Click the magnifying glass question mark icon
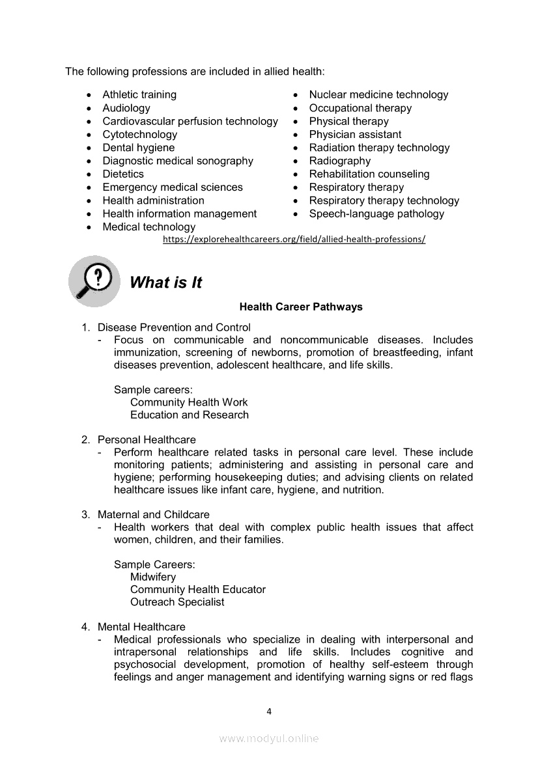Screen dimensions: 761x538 [x=94, y=281]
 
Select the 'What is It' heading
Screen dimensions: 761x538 [x=165, y=283]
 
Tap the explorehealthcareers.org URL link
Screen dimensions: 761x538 [x=294, y=240]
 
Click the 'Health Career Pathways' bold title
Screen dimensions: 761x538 [x=301, y=307]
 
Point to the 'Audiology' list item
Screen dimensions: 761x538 [x=126, y=108]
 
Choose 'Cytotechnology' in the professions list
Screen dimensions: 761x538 [x=139, y=135]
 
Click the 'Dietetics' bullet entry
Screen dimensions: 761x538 [x=123, y=174]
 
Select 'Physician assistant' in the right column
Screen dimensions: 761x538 [x=355, y=135]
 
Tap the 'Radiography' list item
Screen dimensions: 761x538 [x=339, y=161]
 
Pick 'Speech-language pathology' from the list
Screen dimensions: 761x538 [x=376, y=214]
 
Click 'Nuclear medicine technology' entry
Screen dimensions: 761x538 [x=378, y=95]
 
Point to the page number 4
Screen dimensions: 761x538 [x=269, y=712]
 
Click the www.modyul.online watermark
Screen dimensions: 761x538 [x=269, y=738]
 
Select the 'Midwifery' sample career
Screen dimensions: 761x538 [x=153, y=577]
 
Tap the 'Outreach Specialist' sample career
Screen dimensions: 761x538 [x=177, y=602]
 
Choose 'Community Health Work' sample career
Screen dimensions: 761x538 [x=189, y=402]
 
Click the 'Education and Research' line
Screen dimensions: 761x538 [x=190, y=415]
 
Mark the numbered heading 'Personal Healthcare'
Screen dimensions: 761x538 [x=147, y=440]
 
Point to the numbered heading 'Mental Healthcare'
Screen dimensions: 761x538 [x=141, y=627]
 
